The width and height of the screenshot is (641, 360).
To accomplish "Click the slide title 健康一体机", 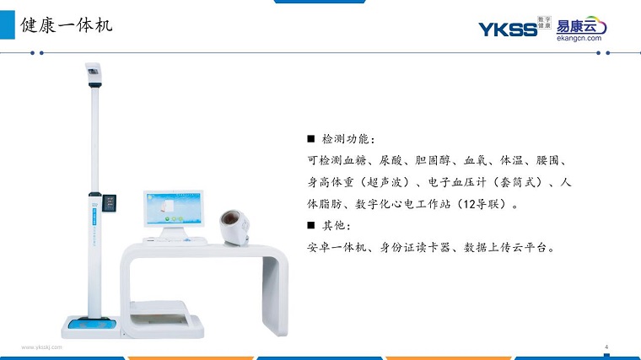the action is [67, 25].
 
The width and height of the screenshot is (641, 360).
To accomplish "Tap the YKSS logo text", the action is [508, 30].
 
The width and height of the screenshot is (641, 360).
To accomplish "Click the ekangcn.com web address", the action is [579, 38].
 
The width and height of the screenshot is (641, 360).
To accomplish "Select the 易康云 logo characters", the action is [576, 26].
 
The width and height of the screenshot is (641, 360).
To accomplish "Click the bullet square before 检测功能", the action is [311, 139].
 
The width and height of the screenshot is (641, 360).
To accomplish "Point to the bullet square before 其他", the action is [311, 225].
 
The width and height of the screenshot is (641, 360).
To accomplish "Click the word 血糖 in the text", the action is [354, 160].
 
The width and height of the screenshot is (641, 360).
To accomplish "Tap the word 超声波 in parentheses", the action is [385, 182].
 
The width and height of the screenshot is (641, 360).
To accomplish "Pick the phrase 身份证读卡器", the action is [415, 247].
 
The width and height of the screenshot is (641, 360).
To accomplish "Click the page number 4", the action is [606, 347].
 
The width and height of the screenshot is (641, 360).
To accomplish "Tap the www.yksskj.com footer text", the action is [41, 347].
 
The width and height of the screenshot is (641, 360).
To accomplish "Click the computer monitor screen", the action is [174, 208].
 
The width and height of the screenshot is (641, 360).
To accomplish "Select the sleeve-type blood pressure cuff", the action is [234, 228].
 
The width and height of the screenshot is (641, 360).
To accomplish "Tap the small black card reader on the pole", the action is [109, 203].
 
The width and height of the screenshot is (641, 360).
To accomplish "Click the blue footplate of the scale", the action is [93, 325].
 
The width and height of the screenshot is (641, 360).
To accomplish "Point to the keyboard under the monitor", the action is [175, 241].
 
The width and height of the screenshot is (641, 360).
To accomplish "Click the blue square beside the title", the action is [7, 25].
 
